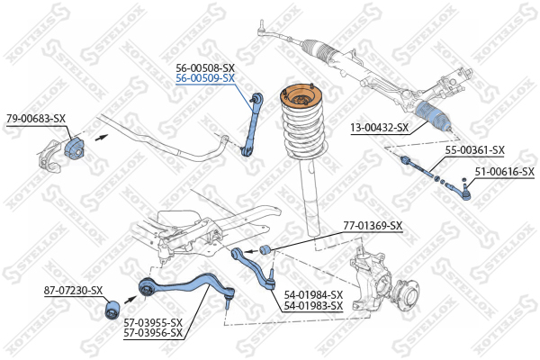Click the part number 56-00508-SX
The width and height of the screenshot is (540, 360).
[205, 67]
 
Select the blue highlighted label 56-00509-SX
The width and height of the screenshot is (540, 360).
[205, 78]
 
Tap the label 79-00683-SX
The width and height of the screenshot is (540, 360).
[36, 119]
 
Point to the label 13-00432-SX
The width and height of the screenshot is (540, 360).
[380, 128]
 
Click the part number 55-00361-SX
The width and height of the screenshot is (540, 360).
[475, 150]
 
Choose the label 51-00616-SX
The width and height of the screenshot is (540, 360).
[505, 172]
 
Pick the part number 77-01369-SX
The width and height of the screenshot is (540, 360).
[373, 226]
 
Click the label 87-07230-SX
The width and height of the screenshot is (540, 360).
[74, 291]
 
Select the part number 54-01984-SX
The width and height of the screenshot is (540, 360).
[313, 295]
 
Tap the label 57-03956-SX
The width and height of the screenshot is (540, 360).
[153, 333]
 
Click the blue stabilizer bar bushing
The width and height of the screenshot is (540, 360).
[75, 147]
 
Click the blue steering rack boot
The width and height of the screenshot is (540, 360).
[433, 117]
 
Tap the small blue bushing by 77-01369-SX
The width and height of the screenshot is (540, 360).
[265, 249]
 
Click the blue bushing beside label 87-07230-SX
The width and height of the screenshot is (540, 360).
[112, 310]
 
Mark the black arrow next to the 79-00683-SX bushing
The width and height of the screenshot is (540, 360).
[102, 137]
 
